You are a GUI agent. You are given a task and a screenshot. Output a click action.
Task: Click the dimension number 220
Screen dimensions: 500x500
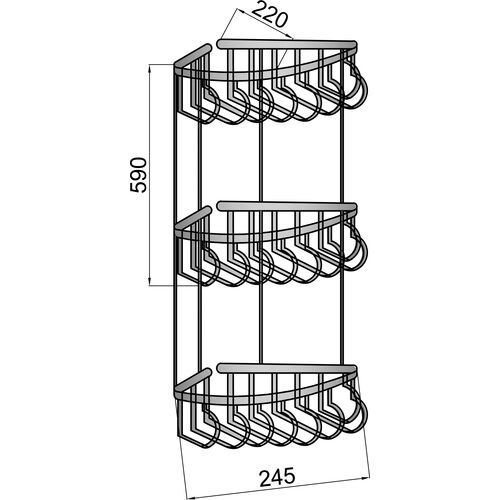pyautogui.click(x=269, y=15)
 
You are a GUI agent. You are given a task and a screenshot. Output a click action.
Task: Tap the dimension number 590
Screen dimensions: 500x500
pyautogui.click(x=138, y=175)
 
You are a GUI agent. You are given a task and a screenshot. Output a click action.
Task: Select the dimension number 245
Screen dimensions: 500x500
pyautogui.click(x=277, y=476)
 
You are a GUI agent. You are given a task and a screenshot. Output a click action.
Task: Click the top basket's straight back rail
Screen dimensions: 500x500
pyautogui.click(x=287, y=44)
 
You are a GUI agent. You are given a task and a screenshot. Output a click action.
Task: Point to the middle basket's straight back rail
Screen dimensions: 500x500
pyautogui.click(x=287, y=206)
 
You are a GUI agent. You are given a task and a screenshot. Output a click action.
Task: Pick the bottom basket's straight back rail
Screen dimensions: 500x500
pyautogui.click(x=287, y=368)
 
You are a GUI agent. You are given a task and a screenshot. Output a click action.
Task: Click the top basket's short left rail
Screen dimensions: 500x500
pyautogui.click(x=193, y=55)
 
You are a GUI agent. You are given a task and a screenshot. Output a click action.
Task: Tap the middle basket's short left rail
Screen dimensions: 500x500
pyautogui.click(x=193, y=217)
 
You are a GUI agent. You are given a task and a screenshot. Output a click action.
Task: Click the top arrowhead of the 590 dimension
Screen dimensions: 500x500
pyautogui.click(x=150, y=69)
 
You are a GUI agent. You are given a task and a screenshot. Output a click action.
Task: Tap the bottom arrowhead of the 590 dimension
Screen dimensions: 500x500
pyautogui.click(x=150, y=282)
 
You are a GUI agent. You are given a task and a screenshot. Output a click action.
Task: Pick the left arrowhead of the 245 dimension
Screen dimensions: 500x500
pyautogui.click(x=189, y=496)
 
